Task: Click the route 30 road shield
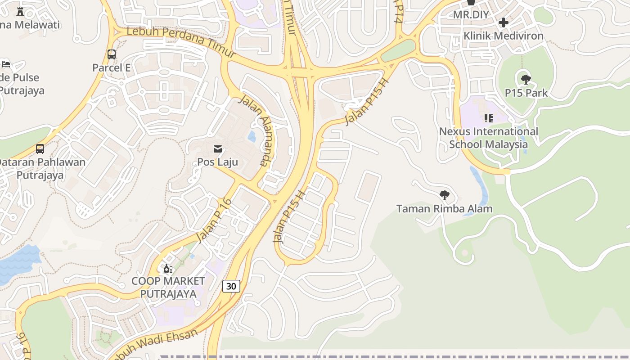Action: click(x=231, y=286)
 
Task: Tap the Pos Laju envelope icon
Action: click(x=218, y=148)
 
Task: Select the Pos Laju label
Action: click(x=218, y=162)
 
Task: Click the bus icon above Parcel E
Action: click(x=112, y=54)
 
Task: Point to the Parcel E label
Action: click(x=111, y=67)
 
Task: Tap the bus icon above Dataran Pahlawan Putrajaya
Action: click(x=40, y=148)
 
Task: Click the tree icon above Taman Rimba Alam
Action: click(x=444, y=195)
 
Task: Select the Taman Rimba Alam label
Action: click(x=444, y=209)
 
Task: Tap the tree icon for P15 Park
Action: click(x=526, y=80)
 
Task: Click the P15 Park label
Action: click(x=526, y=93)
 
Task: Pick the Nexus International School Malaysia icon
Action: click(x=488, y=118)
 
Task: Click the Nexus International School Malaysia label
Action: click(x=488, y=138)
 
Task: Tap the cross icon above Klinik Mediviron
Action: click(x=504, y=22)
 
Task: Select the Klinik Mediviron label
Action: click(x=504, y=36)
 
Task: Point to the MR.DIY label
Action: click(x=471, y=14)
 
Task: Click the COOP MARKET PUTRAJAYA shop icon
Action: click(x=168, y=269)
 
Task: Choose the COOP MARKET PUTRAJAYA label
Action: click(x=168, y=287)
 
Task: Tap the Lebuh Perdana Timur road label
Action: click(x=181, y=42)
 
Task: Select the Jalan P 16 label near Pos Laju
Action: click(x=214, y=220)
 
